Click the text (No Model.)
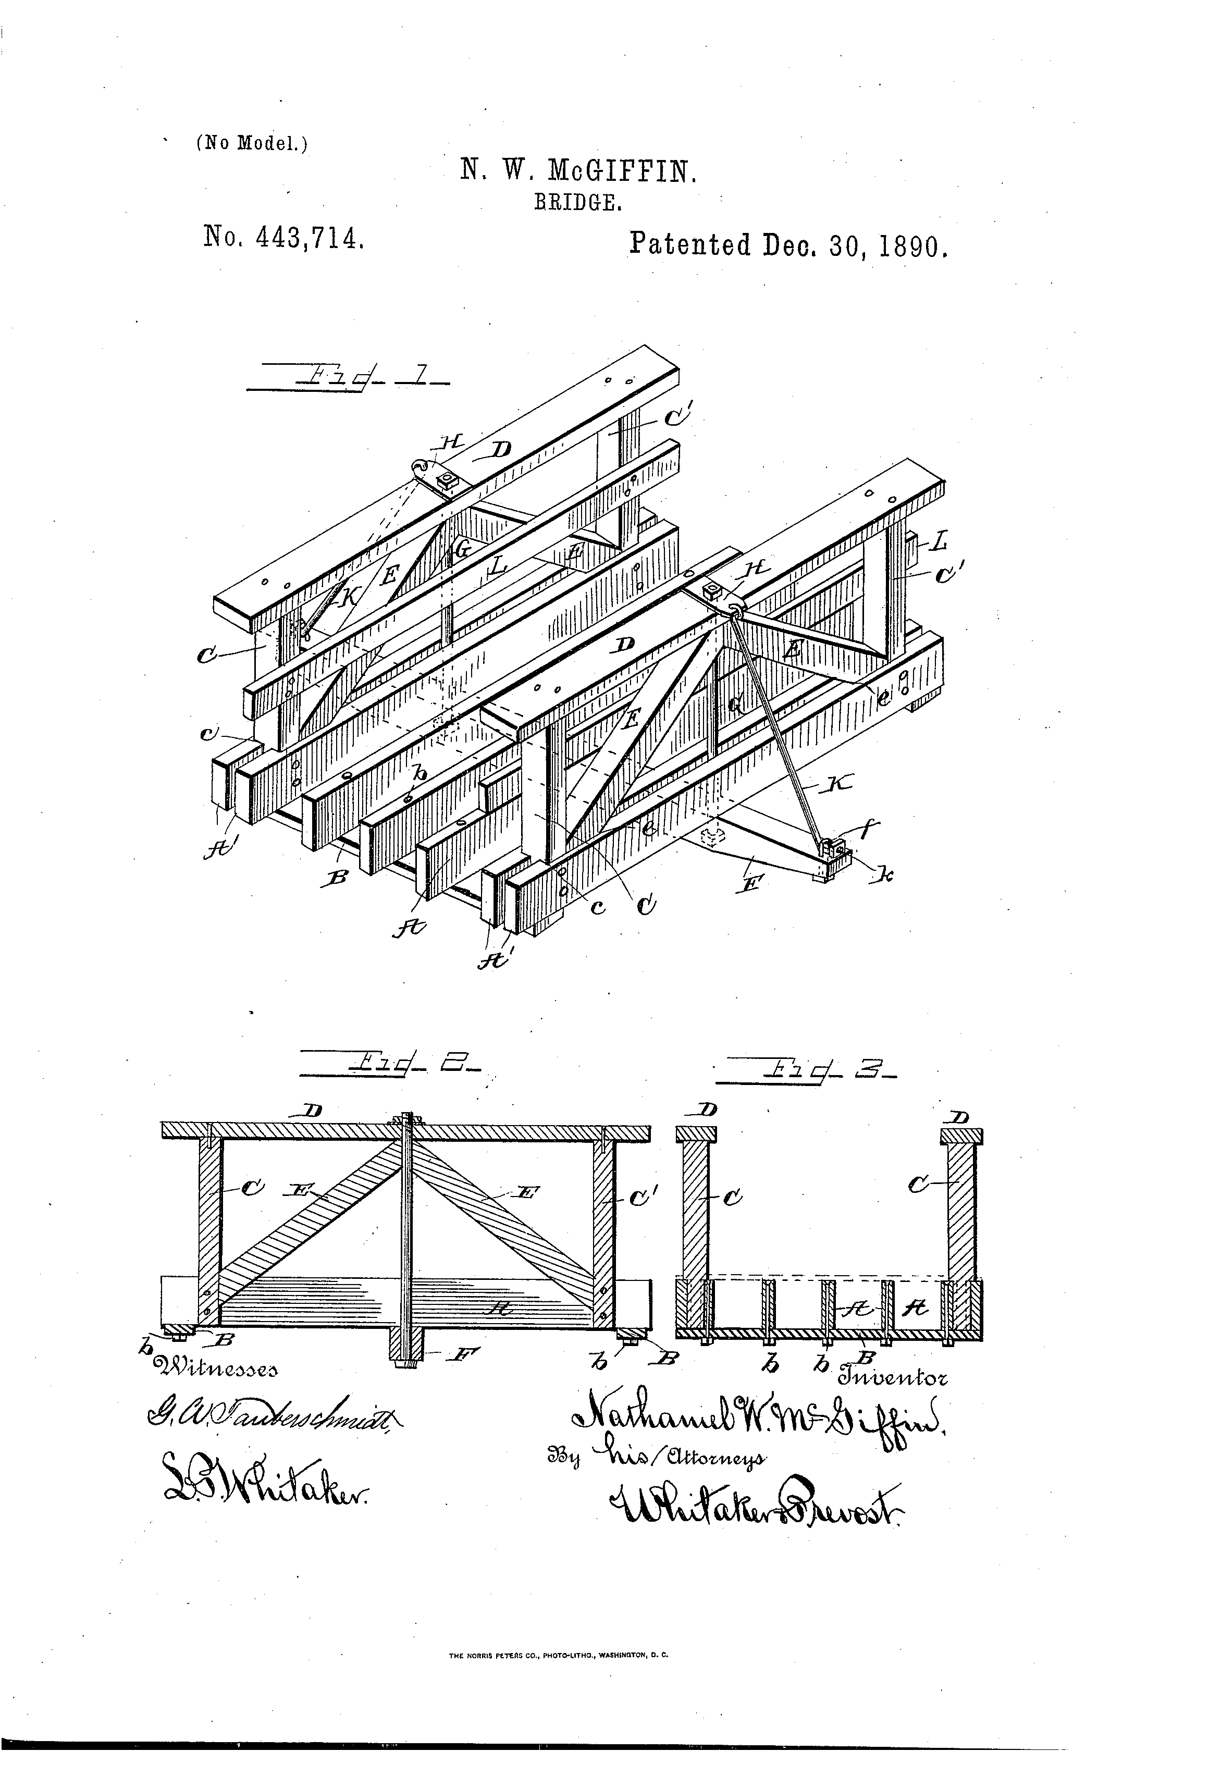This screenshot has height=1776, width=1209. [252, 143]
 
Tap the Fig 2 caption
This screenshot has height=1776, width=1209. [390, 1064]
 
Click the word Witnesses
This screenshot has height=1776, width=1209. [216, 1367]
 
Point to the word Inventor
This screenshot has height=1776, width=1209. [893, 1378]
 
